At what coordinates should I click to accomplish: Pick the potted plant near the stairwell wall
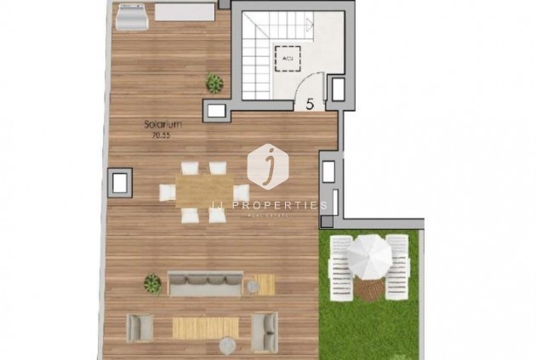click(x=214, y=83)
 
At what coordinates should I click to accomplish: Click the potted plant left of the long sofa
click(x=152, y=283)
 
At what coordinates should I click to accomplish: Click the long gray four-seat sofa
click(x=205, y=283)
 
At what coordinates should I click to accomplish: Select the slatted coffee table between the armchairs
click(x=206, y=326)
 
